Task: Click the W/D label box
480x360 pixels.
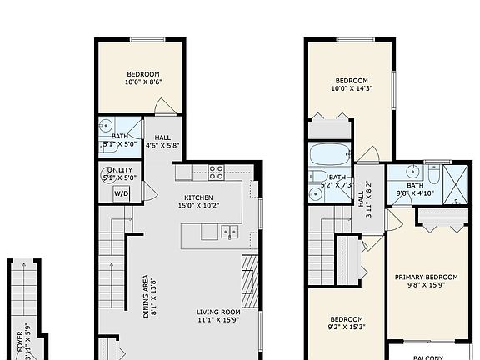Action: click(122, 193)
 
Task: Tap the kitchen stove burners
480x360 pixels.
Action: click(217, 172)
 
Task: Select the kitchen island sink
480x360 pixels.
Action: click(231, 232)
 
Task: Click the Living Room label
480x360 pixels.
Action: click(218, 312)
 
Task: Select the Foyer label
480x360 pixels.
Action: click(19, 342)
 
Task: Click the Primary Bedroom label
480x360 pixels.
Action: click(427, 277)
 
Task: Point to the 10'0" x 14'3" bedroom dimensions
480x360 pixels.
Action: click(350, 87)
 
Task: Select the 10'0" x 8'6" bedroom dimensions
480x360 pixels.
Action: click(143, 82)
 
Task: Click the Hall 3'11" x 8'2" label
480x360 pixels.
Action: click(367, 200)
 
